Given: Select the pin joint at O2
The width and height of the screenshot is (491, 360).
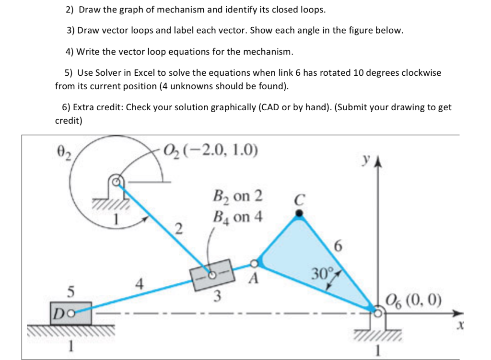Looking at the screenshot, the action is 116,182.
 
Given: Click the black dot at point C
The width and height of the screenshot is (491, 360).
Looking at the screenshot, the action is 299,214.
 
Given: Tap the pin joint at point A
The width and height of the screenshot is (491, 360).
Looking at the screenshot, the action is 255,264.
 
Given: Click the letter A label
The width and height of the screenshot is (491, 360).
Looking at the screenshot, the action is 254,278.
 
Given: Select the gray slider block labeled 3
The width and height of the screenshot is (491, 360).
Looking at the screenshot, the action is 211,275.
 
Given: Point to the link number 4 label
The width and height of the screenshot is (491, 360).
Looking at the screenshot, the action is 140,284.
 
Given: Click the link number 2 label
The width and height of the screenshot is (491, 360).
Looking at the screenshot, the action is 178,229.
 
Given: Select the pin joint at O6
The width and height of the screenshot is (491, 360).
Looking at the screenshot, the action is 378,313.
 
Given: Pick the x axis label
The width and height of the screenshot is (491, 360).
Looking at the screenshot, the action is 461,326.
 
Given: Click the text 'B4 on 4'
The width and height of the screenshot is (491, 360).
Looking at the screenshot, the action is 237,217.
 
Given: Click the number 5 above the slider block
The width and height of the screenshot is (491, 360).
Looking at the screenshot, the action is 70,291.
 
